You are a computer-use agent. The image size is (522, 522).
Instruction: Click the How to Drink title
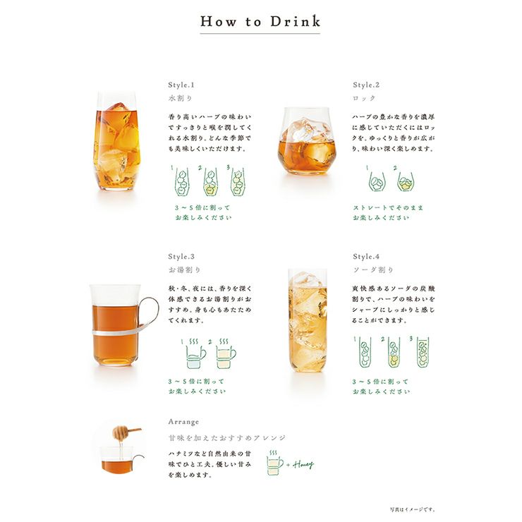click(260, 21)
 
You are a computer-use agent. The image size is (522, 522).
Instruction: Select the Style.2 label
click(367, 83)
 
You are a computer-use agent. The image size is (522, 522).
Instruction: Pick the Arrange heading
click(184, 421)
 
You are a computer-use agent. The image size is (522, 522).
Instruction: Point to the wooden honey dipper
click(127, 430)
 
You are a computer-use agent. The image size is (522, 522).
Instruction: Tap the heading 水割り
click(181, 98)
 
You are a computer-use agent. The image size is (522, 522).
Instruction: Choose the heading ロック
click(365, 98)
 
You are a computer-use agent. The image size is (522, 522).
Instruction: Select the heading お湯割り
click(183, 270)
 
